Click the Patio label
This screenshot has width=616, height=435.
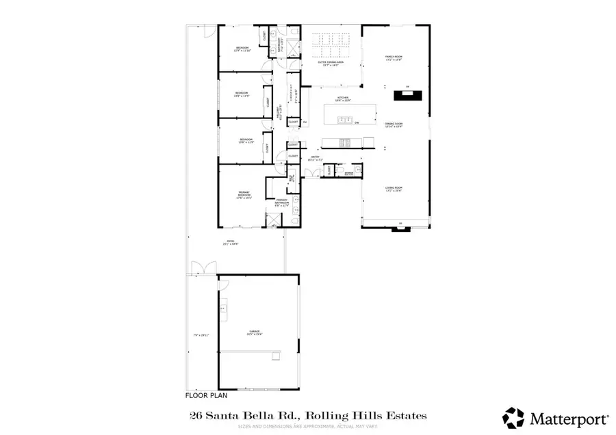pos(233,242)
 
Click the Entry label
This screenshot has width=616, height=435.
pos(316,158)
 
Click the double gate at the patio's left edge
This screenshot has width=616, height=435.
pos(198,269)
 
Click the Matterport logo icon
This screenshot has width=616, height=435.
pos(513,417)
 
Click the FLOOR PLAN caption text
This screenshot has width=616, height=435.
pos(207,395)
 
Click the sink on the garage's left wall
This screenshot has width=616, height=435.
pos(222,310)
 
